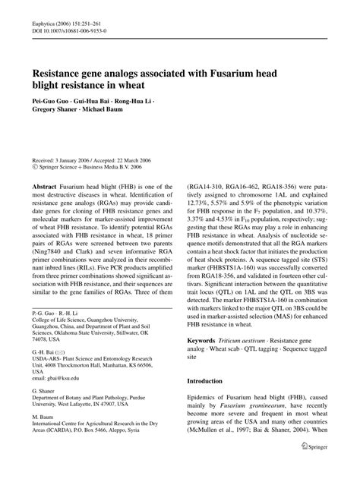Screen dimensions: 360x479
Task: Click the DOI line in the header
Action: tap(68, 33)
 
